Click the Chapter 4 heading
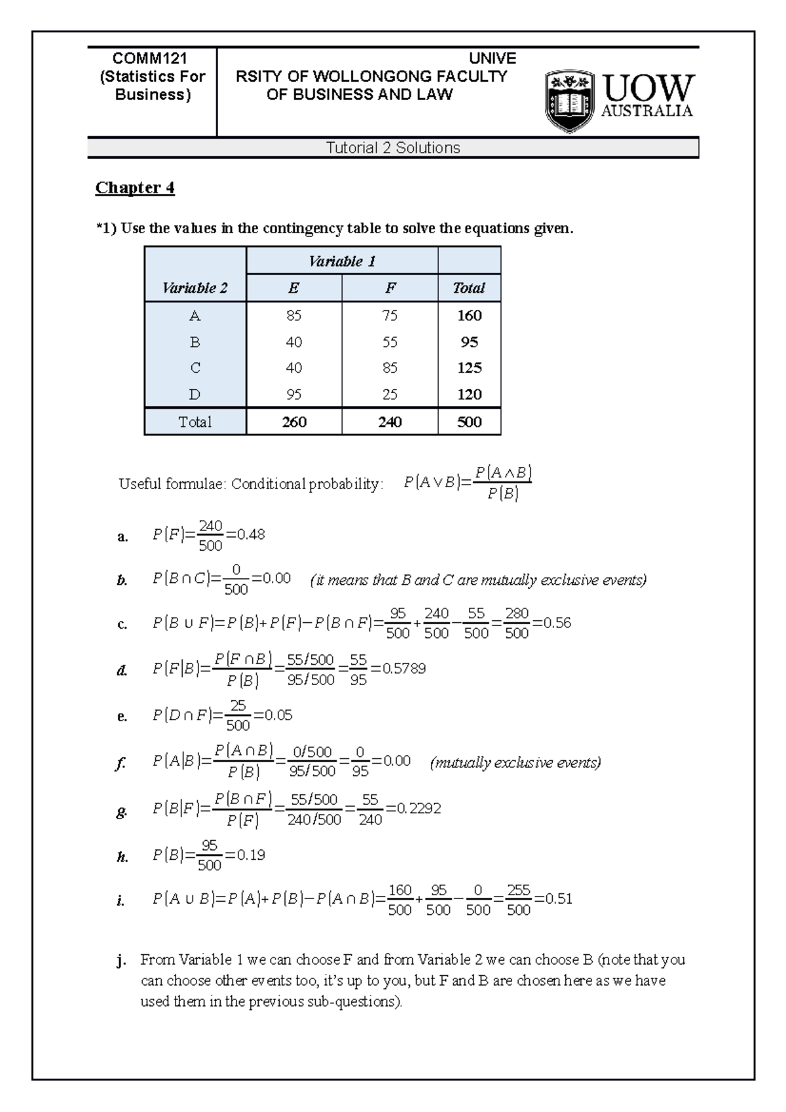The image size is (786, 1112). point(135,188)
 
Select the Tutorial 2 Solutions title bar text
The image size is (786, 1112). point(393,148)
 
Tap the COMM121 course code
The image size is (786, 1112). point(151,59)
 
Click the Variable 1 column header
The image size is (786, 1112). point(342,261)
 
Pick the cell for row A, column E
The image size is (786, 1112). point(293,316)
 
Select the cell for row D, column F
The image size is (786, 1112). point(390,394)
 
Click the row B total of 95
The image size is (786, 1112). point(469,342)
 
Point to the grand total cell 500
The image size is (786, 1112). point(469,422)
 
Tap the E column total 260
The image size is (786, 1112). point(293,422)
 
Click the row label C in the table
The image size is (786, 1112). point(195,368)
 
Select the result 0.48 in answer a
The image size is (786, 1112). point(251,534)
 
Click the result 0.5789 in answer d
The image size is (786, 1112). point(404,669)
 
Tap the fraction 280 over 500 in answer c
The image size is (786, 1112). point(517,623)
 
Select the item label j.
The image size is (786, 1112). point(121,961)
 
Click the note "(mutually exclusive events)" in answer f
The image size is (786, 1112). point(515,762)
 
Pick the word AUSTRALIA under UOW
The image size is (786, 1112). point(646,111)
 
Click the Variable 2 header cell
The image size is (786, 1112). point(195,288)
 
